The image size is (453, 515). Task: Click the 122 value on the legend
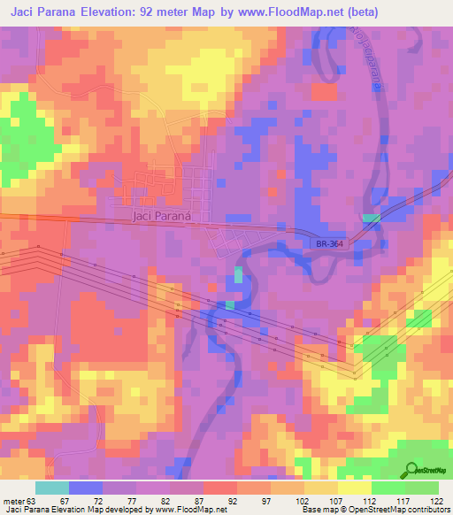[438, 500]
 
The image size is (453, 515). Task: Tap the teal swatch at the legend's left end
[52, 488]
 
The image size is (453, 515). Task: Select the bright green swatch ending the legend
[422, 488]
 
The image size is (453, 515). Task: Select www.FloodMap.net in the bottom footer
[184, 511]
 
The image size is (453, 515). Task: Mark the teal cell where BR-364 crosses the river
[370, 217]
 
